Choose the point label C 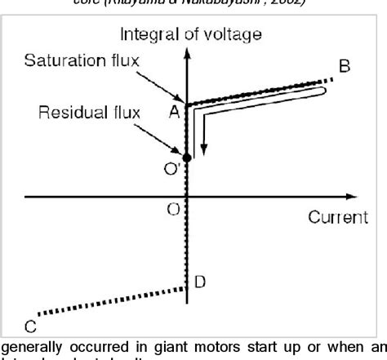(29, 326)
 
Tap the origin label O (173, 209)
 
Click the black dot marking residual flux (187, 157)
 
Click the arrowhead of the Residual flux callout (184, 153)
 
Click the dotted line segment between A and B (261, 91)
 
